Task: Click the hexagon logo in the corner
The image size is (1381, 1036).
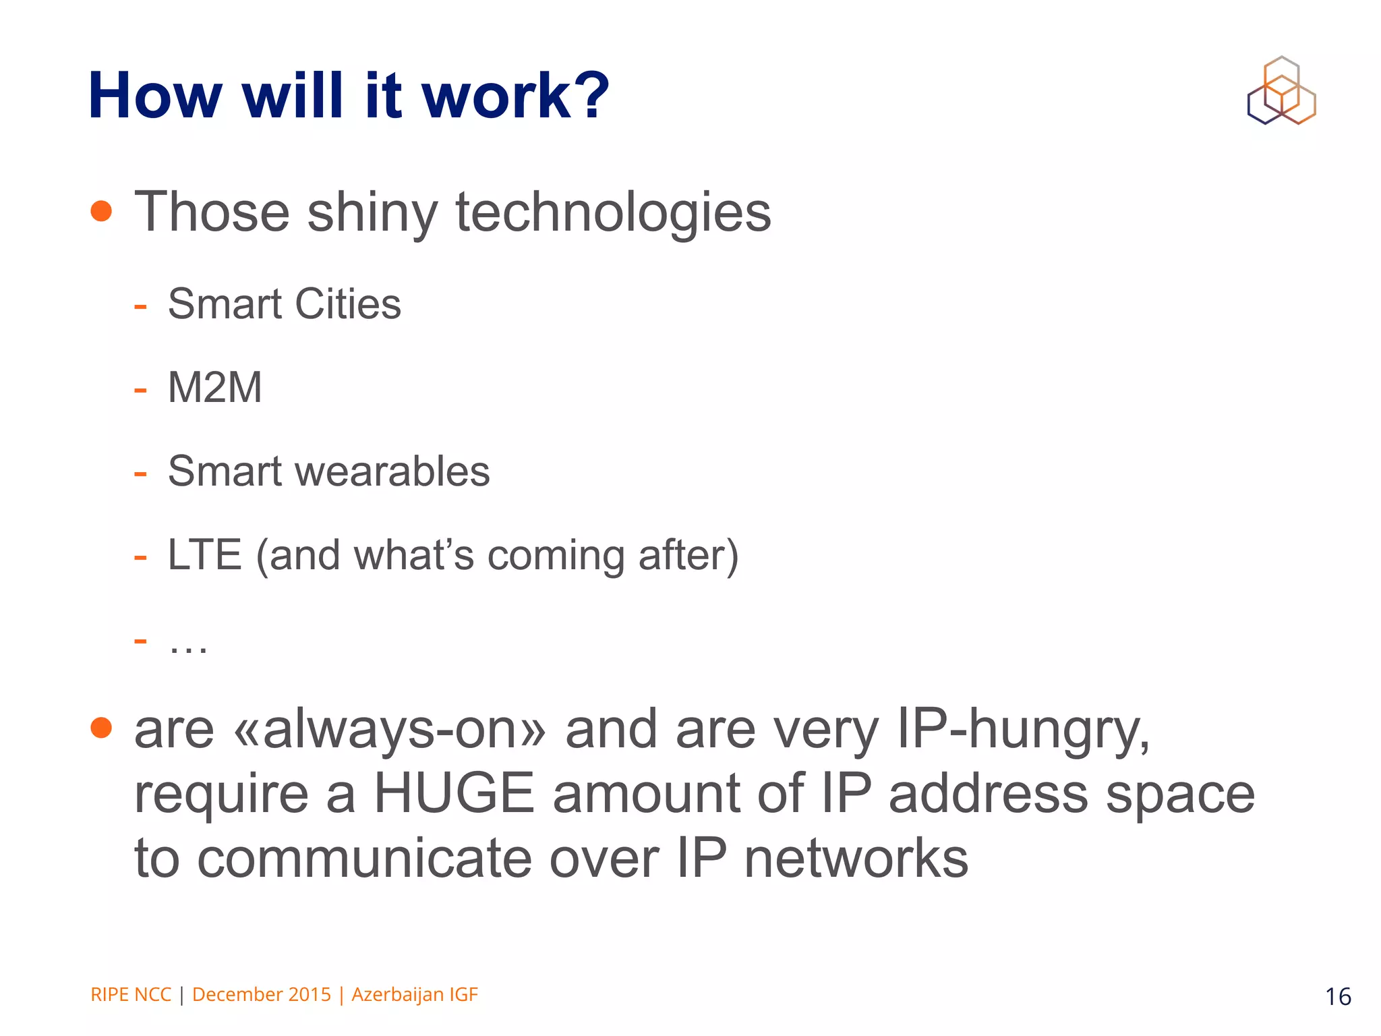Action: pyautogui.click(x=1281, y=91)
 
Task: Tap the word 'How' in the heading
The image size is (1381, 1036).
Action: pyautogui.click(x=155, y=96)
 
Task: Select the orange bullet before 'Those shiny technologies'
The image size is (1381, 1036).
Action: pyautogui.click(x=101, y=211)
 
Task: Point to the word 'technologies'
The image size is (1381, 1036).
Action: pyautogui.click(x=613, y=212)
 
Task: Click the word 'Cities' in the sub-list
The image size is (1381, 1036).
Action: pyautogui.click(x=348, y=304)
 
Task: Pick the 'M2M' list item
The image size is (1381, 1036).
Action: pyautogui.click(x=214, y=388)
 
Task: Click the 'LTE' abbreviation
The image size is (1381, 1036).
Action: pyautogui.click(x=204, y=555)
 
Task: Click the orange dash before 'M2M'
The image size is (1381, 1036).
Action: pyautogui.click(x=140, y=390)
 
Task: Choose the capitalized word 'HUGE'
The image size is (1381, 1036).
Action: pyautogui.click(x=454, y=794)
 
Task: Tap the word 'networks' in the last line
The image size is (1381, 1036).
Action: pyautogui.click(x=856, y=859)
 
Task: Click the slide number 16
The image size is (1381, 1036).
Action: pyautogui.click(x=1338, y=997)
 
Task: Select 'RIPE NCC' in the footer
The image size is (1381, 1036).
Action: pyautogui.click(x=131, y=995)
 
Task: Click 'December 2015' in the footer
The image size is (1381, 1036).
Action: pyautogui.click(x=262, y=995)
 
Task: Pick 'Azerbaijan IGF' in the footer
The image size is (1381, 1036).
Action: pyautogui.click(x=415, y=995)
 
